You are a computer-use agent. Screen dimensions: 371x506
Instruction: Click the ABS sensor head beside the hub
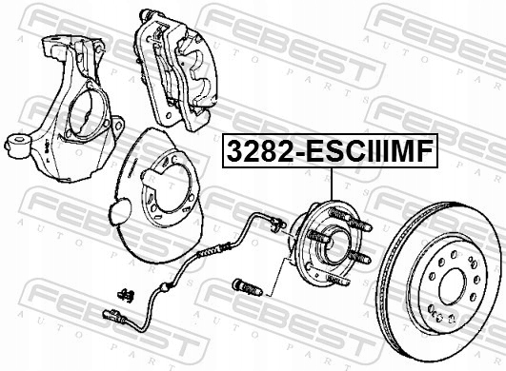279,225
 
